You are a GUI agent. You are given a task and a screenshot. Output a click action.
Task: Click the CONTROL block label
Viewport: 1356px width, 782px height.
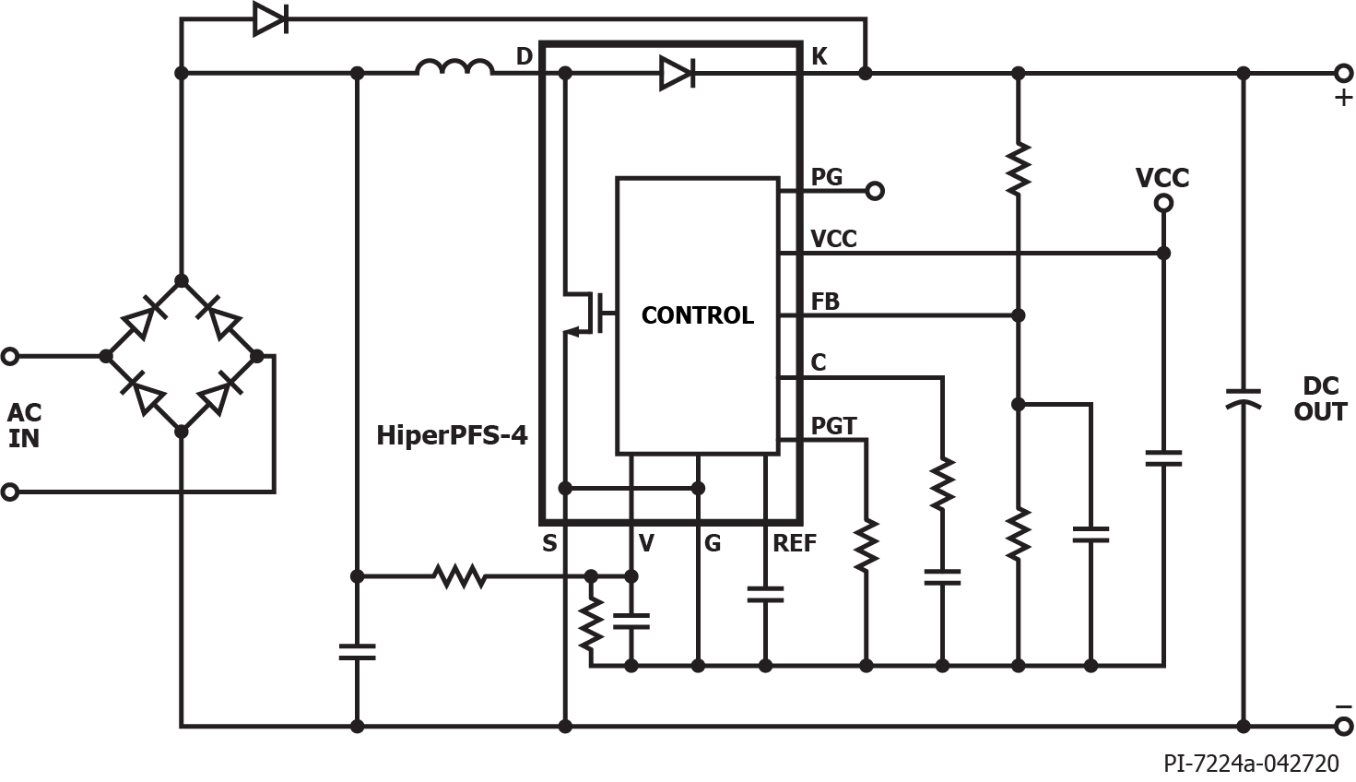coord(697,315)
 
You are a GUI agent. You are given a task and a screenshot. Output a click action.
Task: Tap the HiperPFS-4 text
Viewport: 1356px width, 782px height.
coord(452,434)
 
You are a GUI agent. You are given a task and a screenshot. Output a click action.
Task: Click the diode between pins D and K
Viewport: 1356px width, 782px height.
coord(677,73)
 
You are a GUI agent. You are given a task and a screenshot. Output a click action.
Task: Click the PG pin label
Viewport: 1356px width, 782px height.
coord(827,176)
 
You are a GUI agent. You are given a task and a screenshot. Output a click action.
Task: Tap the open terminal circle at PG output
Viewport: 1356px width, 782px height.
coord(876,191)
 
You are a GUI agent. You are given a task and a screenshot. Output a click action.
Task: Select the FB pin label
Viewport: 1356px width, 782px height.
coord(825,302)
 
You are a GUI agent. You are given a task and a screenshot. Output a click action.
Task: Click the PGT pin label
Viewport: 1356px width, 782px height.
coord(833,426)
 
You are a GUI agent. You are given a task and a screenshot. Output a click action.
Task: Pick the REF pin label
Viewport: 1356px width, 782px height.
coord(794,543)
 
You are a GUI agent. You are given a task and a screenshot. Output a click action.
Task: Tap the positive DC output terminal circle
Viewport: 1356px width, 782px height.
coord(1343,73)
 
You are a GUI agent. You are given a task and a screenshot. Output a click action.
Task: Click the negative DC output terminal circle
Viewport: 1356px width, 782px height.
coord(1343,727)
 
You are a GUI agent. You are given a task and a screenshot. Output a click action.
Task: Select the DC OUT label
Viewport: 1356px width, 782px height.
coord(1320,398)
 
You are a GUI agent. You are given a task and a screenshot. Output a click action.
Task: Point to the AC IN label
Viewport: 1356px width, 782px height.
coord(25,425)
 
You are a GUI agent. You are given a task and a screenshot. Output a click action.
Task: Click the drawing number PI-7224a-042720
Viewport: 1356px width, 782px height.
coord(1251,764)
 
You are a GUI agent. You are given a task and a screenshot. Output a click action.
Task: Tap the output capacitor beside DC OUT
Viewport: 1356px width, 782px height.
coord(1243,398)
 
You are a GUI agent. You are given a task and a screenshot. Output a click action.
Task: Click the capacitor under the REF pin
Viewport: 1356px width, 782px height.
coord(765,594)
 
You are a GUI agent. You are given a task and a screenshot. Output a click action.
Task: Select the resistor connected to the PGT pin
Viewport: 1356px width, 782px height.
coord(867,545)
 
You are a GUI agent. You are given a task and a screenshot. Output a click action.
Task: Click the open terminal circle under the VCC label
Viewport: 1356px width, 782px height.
coord(1163,204)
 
